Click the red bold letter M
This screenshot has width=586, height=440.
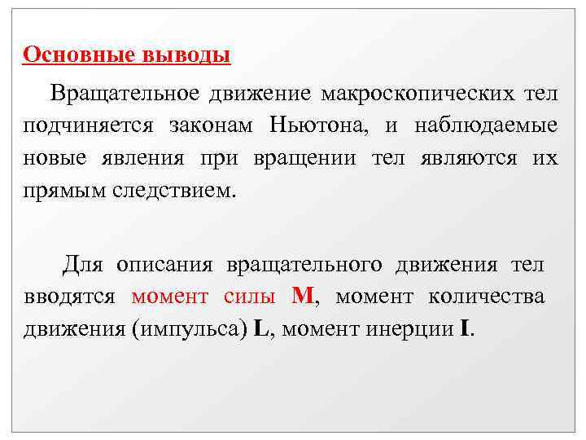(x=301, y=297)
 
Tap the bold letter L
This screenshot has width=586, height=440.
(x=261, y=330)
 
